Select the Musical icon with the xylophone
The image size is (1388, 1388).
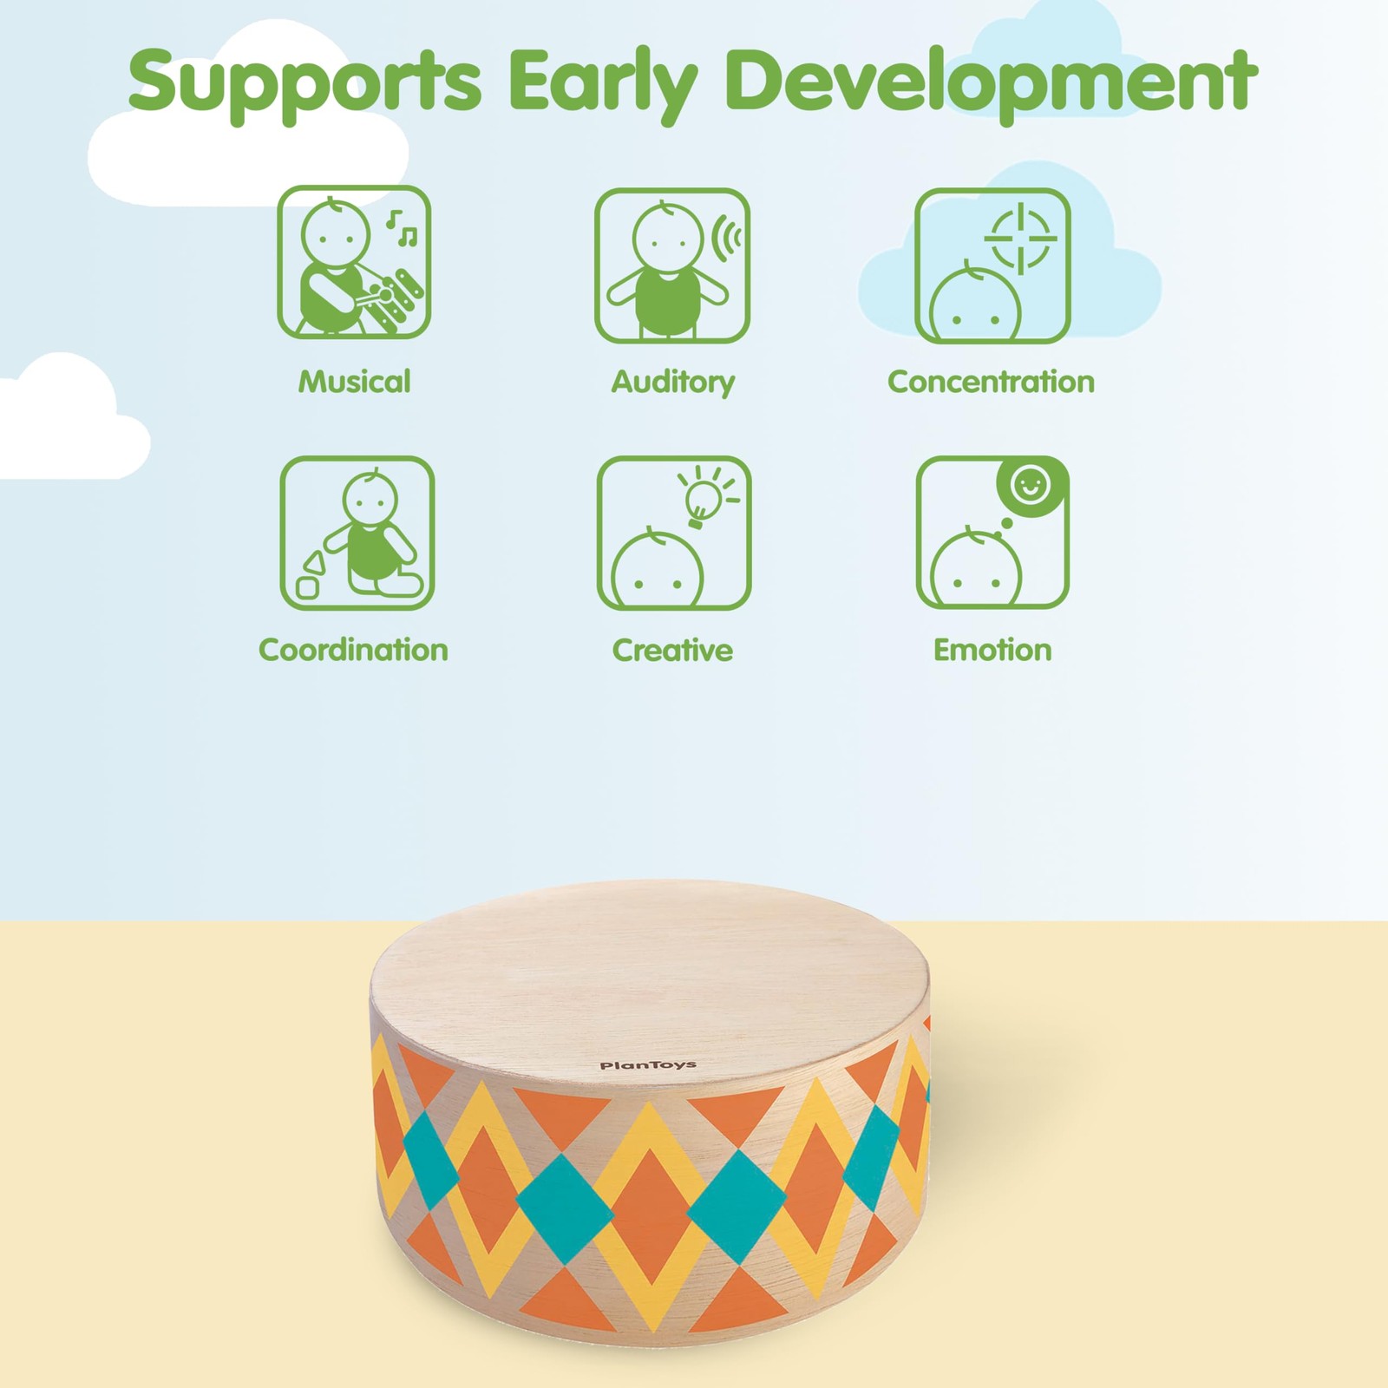[x=354, y=262]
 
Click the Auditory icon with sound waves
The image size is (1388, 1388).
[x=672, y=265]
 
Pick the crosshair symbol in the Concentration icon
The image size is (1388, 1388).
[x=1021, y=237]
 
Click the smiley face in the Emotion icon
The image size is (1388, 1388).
[x=1030, y=484]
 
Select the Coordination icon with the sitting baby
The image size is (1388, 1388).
[x=357, y=533]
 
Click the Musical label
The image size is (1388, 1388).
[x=354, y=382]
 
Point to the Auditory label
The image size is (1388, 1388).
[x=673, y=383]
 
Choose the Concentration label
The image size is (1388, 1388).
[x=992, y=382]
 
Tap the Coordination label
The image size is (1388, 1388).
[x=354, y=650]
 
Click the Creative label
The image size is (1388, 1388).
[x=672, y=650]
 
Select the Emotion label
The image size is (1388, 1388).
[x=992, y=650]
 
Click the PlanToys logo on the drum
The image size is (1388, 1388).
[x=648, y=1065]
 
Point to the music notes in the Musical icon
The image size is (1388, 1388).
[x=402, y=227]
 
